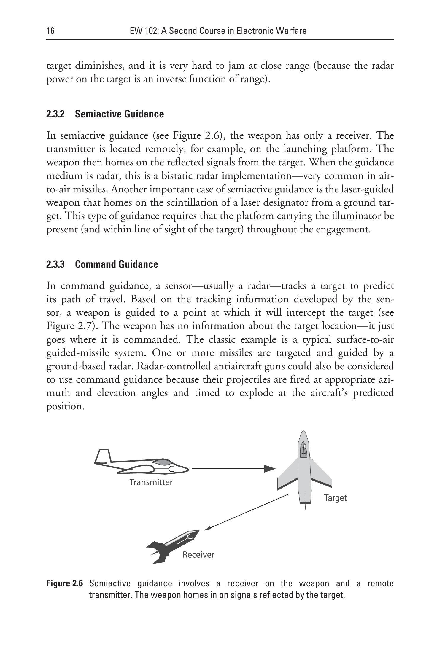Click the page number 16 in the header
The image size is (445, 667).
click(x=50, y=31)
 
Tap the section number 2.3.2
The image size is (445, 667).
click(x=55, y=114)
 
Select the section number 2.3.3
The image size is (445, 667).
click(x=55, y=264)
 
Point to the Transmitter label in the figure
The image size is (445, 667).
click(x=151, y=482)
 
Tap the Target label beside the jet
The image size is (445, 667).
click(x=335, y=498)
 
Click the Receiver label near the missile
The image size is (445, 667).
click(x=198, y=555)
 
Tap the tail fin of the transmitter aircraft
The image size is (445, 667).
click(x=102, y=457)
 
